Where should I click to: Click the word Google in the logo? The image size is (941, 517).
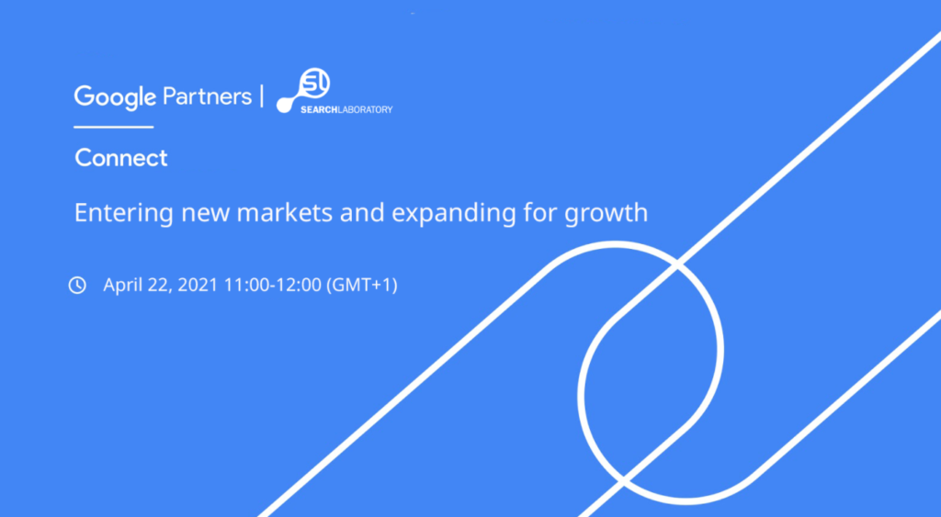point(116,96)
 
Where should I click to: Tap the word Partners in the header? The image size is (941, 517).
point(207,96)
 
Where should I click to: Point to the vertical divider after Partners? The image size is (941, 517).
point(263,96)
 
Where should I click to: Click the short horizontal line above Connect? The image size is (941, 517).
point(114,127)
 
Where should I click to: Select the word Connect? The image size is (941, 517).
point(121,158)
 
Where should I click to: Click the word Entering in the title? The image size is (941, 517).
point(116,213)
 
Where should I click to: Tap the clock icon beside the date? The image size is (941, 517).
point(77,286)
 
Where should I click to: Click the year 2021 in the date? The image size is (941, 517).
point(198,286)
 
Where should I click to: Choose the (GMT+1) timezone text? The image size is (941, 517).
point(362,286)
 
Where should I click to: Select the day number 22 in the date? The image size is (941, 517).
point(160,286)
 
